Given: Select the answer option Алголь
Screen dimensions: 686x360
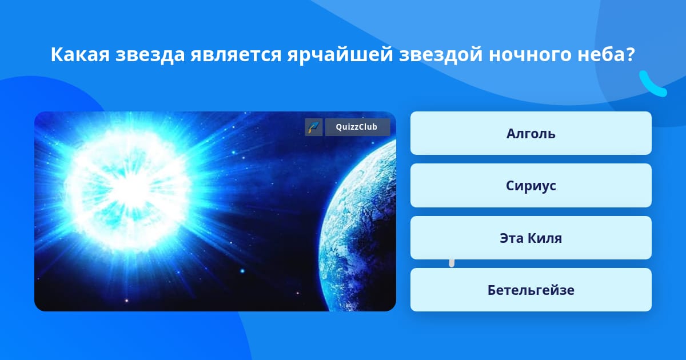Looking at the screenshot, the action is [531, 133].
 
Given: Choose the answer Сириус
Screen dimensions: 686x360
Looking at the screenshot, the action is [531, 186].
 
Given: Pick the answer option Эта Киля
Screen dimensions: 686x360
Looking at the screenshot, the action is [531, 238].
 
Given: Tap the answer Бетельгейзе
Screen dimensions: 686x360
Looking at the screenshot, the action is [531, 290].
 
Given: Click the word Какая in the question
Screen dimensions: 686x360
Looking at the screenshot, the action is [80, 55].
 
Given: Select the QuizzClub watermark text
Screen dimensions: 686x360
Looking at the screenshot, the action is [357, 127].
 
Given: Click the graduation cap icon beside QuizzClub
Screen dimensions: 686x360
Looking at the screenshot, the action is [314, 127].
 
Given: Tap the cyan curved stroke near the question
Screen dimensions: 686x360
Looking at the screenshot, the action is [650, 86].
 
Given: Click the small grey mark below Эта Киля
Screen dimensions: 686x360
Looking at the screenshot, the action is [452, 263].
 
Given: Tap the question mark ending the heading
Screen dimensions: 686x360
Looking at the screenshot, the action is [630, 54].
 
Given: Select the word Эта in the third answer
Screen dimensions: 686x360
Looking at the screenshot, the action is [512, 238].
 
